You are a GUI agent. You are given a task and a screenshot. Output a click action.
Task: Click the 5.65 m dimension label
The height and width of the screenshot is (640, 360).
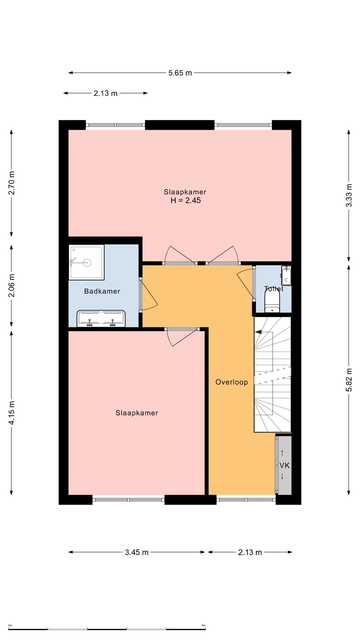[x=180, y=73]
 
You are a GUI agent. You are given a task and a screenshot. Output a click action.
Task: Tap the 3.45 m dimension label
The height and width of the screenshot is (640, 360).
[x=137, y=552]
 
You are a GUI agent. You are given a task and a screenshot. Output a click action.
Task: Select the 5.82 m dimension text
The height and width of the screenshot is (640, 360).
[x=349, y=380]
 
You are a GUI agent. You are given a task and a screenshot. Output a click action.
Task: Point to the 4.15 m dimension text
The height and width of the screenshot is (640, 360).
[x=12, y=413]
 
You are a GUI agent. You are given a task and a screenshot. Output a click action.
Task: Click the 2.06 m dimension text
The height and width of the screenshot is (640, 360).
[x=12, y=285]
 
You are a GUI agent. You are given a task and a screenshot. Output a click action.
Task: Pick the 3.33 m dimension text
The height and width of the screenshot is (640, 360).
[x=349, y=195]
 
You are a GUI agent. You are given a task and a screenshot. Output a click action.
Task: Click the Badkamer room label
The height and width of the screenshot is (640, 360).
[x=102, y=291]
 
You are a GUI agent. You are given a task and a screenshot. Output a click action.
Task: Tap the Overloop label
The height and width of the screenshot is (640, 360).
[x=232, y=382]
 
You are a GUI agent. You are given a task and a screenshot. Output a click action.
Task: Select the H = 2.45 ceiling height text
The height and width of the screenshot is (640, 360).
[x=186, y=200]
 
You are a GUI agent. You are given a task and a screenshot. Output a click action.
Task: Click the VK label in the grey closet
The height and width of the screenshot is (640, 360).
[x=284, y=465]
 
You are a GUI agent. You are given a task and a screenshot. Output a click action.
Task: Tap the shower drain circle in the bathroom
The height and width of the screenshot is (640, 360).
[x=87, y=262]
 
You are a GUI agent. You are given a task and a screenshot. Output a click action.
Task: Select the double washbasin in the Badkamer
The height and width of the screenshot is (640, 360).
[x=101, y=319]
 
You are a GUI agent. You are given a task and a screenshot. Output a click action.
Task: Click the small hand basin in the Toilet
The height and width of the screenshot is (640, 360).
[x=286, y=276]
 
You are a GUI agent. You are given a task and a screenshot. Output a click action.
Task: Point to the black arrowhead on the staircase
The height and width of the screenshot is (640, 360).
[x=258, y=332]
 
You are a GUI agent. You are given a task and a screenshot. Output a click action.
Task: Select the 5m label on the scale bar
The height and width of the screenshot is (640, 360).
[x=204, y=625]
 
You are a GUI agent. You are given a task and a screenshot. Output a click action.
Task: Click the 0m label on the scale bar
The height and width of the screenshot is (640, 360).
[x=10, y=625]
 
